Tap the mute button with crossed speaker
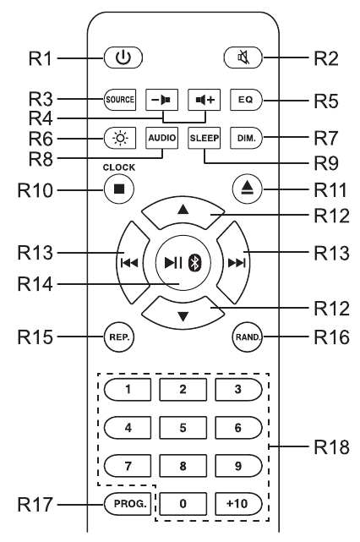243,57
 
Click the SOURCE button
120,100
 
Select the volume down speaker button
161,100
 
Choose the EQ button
246,100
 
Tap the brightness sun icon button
120,138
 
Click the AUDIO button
161,138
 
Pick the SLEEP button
205,138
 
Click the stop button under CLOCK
119,189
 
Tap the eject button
248,189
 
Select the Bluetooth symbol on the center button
195,264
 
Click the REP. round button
119,337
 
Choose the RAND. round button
248,337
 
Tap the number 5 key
183,428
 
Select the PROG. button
128,504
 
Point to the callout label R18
331,447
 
